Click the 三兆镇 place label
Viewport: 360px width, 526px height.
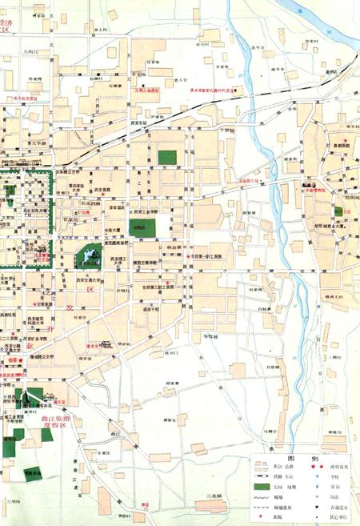click(217, 497)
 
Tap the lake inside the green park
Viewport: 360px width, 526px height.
click(87, 257)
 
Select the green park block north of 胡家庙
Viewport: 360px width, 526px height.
click(167, 158)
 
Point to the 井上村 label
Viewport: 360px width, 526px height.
click(100, 30)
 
